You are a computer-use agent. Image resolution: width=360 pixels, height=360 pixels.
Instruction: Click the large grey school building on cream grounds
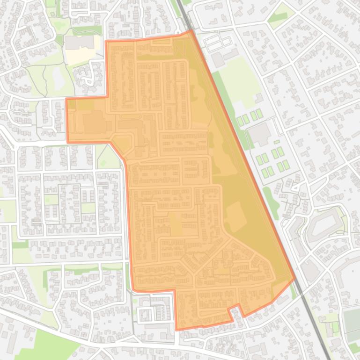79,43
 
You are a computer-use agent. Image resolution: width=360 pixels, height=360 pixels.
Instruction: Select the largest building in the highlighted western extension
93,122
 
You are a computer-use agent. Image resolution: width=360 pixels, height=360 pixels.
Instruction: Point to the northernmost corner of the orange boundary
191,31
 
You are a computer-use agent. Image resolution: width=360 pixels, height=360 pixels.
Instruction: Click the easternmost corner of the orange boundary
295,279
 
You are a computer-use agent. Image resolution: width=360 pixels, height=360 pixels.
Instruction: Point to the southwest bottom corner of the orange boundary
177,329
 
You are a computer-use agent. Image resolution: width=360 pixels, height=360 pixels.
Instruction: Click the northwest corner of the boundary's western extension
67,99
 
